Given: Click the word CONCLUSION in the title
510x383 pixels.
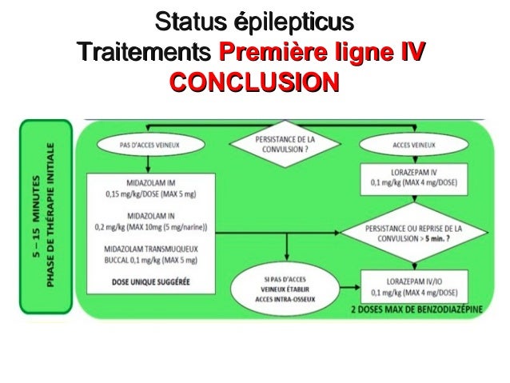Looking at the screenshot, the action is tap(254, 84).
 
